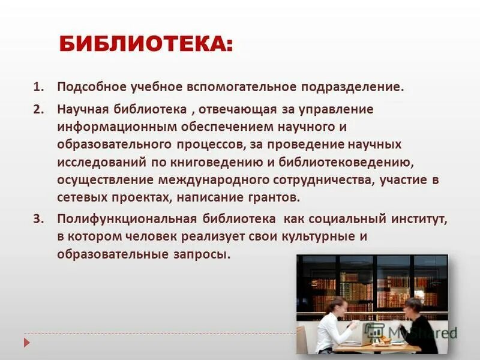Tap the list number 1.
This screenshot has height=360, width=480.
[x=38, y=87]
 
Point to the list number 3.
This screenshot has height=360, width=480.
[x=38, y=219]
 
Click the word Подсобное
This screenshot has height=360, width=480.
[x=90, y=87]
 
